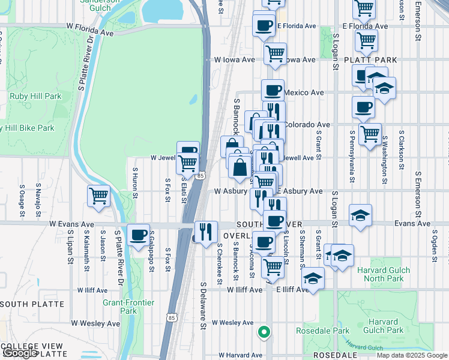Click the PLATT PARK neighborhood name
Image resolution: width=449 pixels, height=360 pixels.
371,60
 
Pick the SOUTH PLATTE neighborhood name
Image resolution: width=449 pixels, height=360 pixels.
31,304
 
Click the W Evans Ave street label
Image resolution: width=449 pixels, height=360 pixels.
72,224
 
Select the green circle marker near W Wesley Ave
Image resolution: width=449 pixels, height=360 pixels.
263,331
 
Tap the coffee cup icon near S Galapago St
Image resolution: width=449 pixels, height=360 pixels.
139,234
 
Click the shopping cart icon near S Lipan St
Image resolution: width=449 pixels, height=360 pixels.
98,195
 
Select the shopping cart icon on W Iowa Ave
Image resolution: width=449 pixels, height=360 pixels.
275,52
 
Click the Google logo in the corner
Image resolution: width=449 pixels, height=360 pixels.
19,353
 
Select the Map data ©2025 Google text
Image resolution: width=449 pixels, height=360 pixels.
411,355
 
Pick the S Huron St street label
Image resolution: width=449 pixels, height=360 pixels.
135,183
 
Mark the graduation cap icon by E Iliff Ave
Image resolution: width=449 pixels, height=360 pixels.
313,278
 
